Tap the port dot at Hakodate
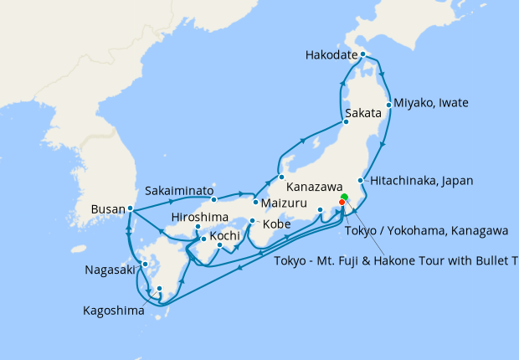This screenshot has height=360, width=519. click(362, 54)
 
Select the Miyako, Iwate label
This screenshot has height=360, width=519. click(430, 103)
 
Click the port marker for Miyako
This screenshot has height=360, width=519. click(388, 105)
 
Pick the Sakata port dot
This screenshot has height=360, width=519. click(345, 122)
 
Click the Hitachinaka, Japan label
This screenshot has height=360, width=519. click(421, 180)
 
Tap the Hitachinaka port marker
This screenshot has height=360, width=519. click(361, 181)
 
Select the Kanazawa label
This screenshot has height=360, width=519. click(315, 188)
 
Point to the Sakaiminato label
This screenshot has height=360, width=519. click(179, 189)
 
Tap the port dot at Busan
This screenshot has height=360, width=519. click(131, 208)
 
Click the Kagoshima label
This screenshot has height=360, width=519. click(113, 310)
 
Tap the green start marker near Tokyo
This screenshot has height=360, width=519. click(344, 198)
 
